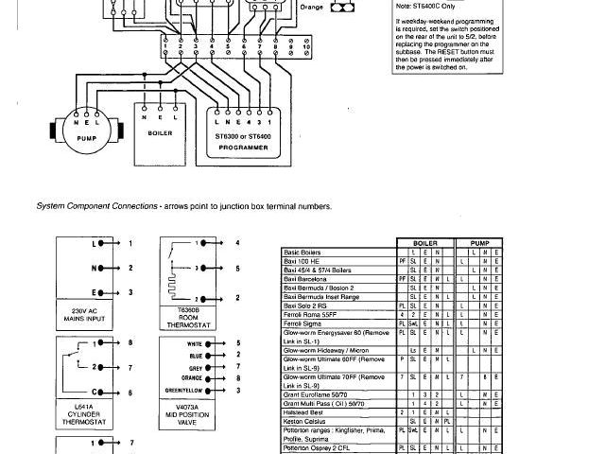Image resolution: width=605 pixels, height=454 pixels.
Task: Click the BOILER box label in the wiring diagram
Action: click(159, 133)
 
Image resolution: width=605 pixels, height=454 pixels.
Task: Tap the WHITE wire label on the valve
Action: click(197, 344)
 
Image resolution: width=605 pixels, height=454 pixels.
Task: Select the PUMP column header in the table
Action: click(483, 244)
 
